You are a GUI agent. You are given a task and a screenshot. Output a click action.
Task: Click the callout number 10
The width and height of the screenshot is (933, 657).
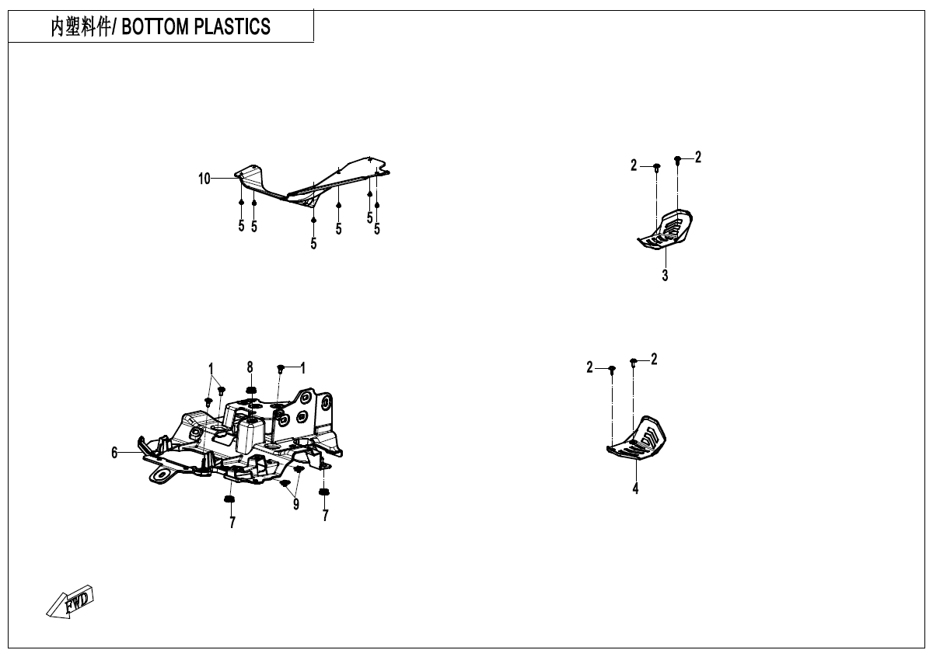(204, 179)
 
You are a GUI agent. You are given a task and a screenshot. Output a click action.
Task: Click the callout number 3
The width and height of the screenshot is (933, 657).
(665, 276)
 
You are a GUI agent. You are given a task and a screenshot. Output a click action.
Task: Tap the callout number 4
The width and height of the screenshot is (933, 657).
(635, 488)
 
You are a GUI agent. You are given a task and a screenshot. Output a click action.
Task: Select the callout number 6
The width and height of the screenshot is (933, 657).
(114, 453)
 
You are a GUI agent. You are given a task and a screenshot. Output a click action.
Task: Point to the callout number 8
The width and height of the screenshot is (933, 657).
(250, 367)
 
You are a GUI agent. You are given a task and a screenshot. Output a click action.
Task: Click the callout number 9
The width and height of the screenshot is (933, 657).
(296, 504)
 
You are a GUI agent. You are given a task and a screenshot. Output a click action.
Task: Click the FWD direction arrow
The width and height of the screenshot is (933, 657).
(70, 602)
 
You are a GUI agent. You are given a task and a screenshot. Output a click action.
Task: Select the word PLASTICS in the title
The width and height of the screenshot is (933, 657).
(232, 26)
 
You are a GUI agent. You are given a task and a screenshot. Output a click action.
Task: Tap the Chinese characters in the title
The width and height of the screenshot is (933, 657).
(81, 26)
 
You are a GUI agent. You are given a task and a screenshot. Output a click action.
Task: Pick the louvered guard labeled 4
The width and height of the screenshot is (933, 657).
(637, 438)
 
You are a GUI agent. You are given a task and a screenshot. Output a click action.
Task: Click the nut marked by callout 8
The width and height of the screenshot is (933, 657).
(250, 391)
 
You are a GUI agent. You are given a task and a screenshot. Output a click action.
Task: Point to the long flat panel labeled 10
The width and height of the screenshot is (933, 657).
(313, 182)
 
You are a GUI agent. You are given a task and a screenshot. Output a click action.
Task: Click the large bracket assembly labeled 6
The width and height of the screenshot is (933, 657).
(240, 437)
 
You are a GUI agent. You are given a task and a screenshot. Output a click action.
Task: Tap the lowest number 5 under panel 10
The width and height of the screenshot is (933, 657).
(313, 244)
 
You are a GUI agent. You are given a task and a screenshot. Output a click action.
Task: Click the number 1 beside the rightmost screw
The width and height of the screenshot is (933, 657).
(302, 368)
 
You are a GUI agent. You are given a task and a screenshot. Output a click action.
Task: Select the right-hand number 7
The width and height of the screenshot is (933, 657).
(325, 516)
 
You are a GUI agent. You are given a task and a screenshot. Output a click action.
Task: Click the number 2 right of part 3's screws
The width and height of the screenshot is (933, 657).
(698, 157)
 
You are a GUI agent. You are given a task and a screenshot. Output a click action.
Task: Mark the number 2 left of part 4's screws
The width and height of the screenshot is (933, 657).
(589, 367)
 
